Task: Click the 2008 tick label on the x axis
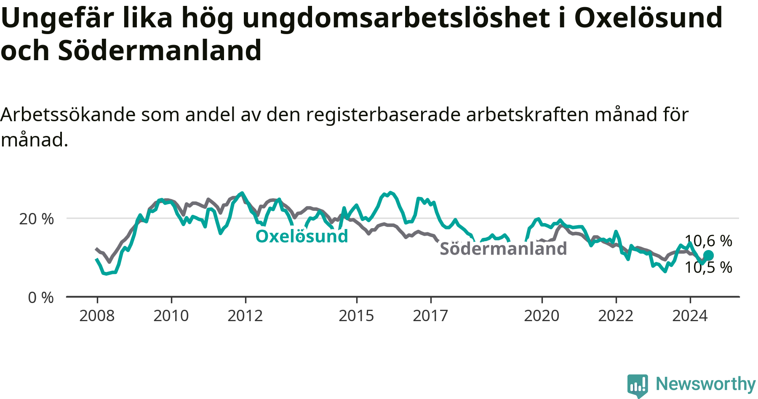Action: pyautogui.click(x=97, y=316)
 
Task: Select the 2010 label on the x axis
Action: pyautogui.click(x=171, y=316)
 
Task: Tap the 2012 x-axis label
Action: pyautogui.click(x=245, y=316)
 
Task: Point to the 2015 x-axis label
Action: pyautogui.click(x=356, y=316)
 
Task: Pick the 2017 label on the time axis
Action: pyautogui.click(x=430, y=316)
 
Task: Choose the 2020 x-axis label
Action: pyautogui.click(x=542, y=316)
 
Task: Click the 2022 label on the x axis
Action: pyautogui.click(x=616, y=316)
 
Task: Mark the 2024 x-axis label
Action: pyautogui.click(x=690, y=316)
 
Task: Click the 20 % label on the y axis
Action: pyautogui.click(x=37, y=219)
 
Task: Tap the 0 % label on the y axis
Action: pyautogui.click(x=41, y=298)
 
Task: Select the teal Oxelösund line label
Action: pyautogui.click(x=302, y=236)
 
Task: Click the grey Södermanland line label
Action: pyautogui.click(x=503, y=249)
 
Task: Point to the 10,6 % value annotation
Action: pyautogui.click(x=709, y=241)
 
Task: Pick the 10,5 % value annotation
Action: pyautogui.click(x=709, y=267)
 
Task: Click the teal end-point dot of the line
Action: pyautogui.click(x=708, y=255)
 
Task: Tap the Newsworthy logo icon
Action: pyautogui.click(x=638, y=386)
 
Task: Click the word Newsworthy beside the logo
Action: pyautogui.click(x=706, y=384)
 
